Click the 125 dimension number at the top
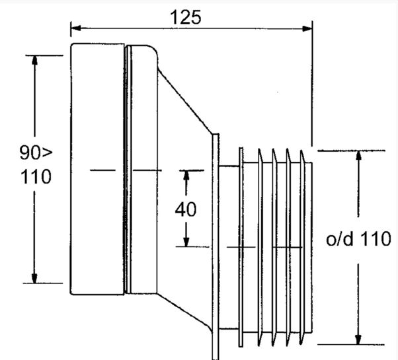[185, 17]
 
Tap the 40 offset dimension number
[186, 209]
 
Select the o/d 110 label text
[358, 239]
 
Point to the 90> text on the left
[36, 152]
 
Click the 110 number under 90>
[36, 176]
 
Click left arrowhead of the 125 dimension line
[76, 28]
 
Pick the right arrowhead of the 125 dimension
[307, 28]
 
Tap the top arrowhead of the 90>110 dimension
[34, 60]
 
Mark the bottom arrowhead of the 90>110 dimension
[34, 278]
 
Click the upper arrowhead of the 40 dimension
[186, 176]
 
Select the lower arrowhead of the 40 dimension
[186, 242]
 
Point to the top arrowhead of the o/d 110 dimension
[358, 155]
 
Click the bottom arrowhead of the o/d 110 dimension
[358, 340]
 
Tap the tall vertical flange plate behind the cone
[216, 246]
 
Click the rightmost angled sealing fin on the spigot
[303, 247]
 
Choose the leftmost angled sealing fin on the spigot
[260, 247]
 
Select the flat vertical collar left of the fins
[241, 247]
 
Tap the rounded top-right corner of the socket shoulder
[154, 50]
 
